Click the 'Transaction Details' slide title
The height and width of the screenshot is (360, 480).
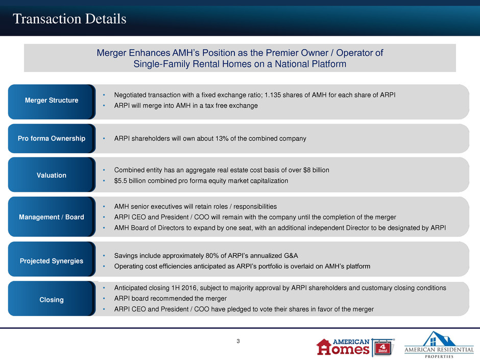tap(69, 19)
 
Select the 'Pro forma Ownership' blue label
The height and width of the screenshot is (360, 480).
tap(52, 138)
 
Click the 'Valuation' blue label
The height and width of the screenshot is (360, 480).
tap(52, 175)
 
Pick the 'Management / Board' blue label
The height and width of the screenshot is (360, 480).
tap(52, 217)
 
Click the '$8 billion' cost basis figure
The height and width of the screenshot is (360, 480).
tap(316, 170)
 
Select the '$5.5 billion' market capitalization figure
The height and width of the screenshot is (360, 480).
tap(130, 181)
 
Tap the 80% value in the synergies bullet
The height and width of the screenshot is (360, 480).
tap(213, 256)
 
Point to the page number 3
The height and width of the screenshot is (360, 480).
tap(238, 341)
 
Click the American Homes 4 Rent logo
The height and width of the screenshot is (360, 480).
tap(355, 347)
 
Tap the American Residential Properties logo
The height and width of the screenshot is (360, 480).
tap(439, 344)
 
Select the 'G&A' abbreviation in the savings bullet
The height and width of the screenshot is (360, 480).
tap(291, 256)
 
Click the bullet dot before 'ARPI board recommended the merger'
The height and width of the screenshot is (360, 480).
tap(104, 299)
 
